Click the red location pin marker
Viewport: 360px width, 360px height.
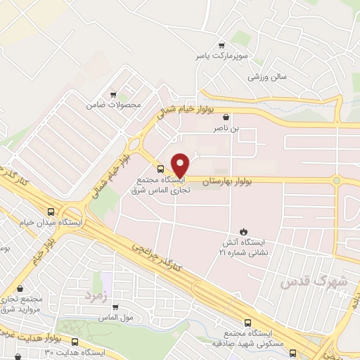tap(181, 165)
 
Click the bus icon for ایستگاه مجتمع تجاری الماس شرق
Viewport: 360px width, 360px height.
tap(160, 169)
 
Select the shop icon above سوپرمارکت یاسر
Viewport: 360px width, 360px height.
tap(221, 44)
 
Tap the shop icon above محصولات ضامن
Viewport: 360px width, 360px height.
tap(112, 94)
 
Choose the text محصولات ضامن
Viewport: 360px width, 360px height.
tap(113, 105)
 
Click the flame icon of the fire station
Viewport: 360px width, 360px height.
tap(243, 231)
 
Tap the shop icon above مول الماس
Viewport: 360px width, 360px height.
tap(115, 307)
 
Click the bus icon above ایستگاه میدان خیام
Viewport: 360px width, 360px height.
tap(51, 212)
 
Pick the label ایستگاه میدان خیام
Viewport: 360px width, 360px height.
tap(51, 222)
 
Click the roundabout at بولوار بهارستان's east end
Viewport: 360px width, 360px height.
tap(337, 181)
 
